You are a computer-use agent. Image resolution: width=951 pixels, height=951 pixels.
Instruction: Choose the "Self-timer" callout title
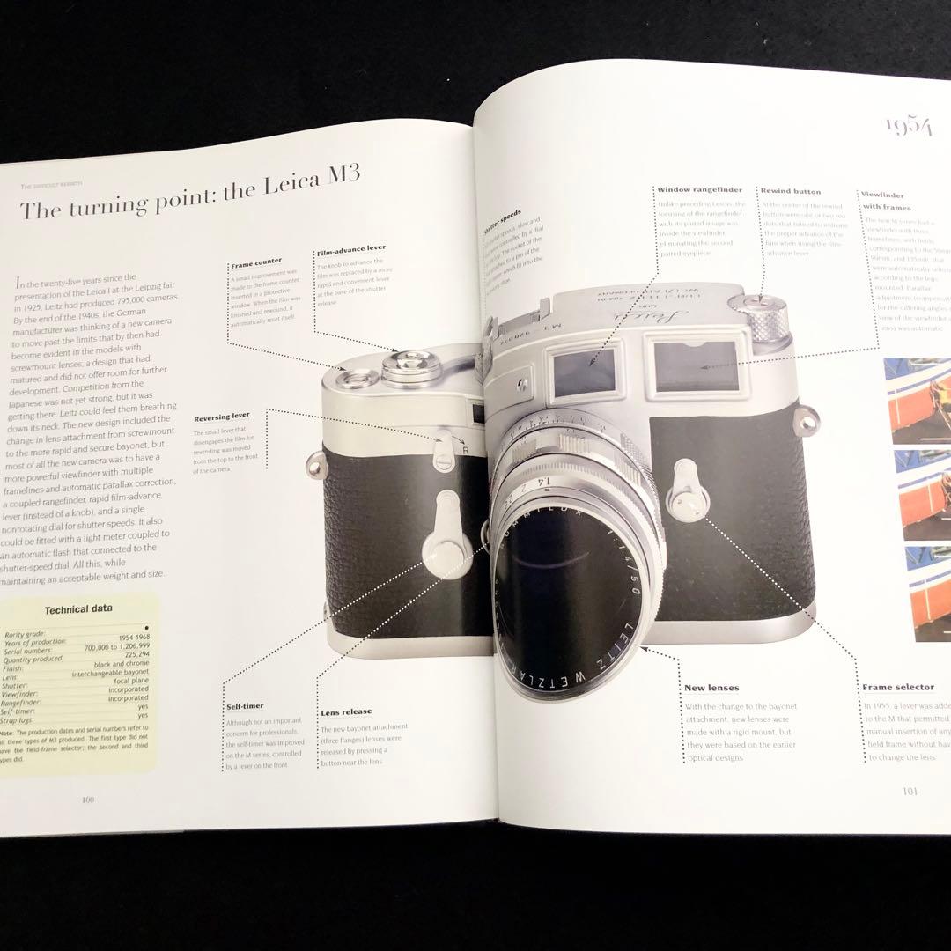(244, 706)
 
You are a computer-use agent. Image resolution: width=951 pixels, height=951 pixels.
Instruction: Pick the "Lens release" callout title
(346, 711)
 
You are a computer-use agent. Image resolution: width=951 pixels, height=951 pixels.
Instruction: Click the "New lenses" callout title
(711, 688)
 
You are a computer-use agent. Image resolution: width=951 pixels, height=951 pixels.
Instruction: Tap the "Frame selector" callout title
(897, 687)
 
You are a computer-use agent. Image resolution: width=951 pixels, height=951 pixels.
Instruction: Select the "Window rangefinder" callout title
(699, 190)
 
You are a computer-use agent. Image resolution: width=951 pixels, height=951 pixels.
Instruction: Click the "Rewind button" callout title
(790, 191)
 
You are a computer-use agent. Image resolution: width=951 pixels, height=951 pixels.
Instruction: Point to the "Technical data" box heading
(77, 608)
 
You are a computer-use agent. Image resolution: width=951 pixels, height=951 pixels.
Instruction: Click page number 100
(87, 800)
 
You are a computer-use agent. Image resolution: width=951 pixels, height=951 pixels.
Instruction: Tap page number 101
(910, 791)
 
